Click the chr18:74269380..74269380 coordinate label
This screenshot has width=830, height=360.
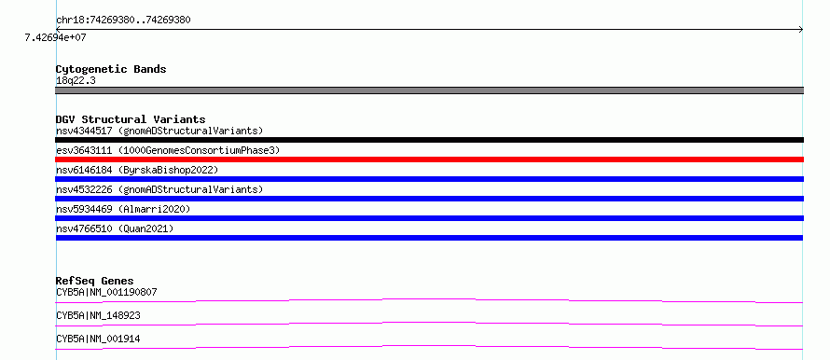(x=123, y=21)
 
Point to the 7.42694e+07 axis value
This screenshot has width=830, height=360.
(x=56, y=38)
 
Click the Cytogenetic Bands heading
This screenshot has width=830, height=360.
(x=111, y=69)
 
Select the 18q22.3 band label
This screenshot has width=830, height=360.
(x=76, y=81)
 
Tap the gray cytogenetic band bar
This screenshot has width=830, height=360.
(x=429, y=90)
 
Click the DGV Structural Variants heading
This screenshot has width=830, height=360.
(x=131, y=119)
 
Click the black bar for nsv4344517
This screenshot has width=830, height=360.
(x=429, y=140)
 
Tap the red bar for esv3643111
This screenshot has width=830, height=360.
(x=429, y=159)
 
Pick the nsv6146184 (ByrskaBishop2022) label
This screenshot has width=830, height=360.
(x=137, y=170)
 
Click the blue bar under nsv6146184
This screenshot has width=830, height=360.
(x=429, y=179)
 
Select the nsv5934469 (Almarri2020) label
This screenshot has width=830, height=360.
(x=123, y=209)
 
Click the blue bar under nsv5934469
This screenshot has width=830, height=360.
(x=429, y=218)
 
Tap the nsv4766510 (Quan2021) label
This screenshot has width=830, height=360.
(x=115, y=228)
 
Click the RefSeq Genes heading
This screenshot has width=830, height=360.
(x=95, y=281)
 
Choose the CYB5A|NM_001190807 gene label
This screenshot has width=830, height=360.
(x=106, y=292)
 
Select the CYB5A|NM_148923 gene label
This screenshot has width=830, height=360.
(x=98, y=315)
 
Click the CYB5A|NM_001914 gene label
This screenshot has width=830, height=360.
(x=98, y=339)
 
